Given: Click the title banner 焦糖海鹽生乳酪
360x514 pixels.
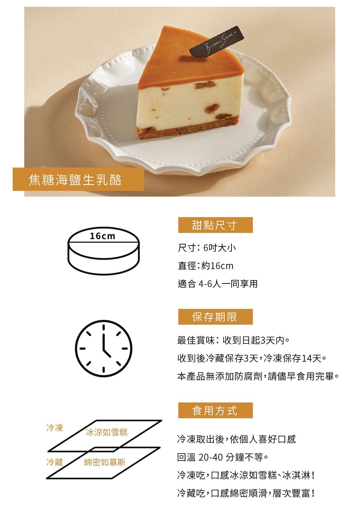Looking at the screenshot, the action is coord(78,179).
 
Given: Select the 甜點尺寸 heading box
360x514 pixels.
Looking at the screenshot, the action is coord(215,225).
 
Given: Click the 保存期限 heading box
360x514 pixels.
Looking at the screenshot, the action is coord(215,317).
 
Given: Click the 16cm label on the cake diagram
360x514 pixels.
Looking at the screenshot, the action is coord(102,236).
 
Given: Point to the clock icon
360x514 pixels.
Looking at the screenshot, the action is coord(104,348).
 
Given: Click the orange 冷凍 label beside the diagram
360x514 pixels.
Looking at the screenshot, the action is coord(55,428).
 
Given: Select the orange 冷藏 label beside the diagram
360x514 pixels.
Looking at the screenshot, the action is coord(55,462).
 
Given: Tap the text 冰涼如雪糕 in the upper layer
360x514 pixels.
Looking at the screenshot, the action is coord(107,432).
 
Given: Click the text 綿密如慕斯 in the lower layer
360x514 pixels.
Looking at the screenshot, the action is coord(105,462).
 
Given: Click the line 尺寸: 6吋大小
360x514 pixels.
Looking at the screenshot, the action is coord(207,248).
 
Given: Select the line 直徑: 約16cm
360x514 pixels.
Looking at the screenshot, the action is coord(205,266).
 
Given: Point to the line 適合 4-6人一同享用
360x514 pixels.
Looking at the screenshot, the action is coord(218,284).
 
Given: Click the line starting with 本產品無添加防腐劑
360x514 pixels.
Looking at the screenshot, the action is coord(258,376).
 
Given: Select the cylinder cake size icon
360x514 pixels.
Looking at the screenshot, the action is coord(104,251).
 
